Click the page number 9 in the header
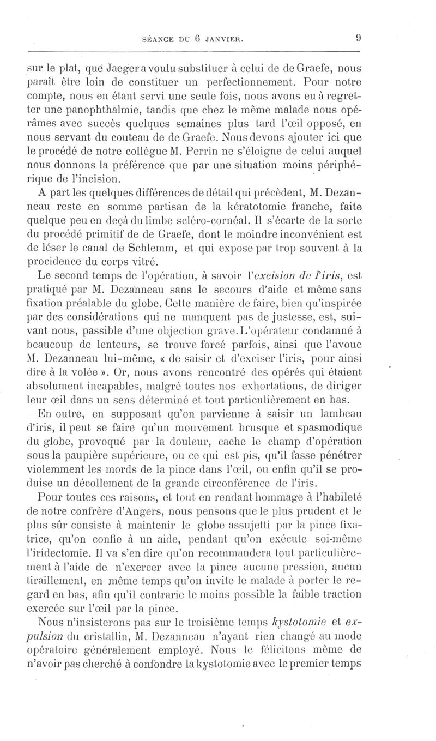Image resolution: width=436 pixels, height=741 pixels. pyautogui.click(x=359, y=38)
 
